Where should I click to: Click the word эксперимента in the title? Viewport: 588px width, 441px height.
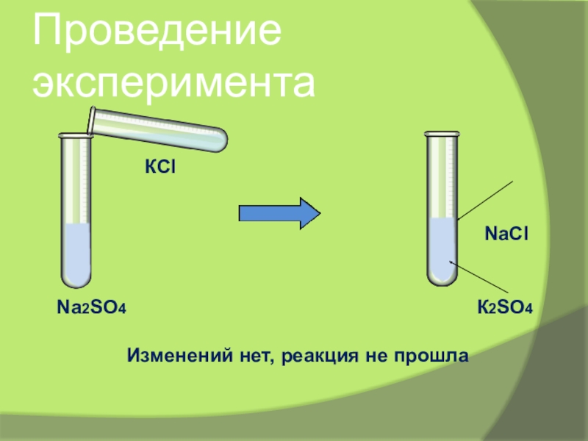pyautogui.click(x=173, y=82)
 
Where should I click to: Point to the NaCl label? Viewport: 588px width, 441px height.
pyautogui.click(x=507, y=233)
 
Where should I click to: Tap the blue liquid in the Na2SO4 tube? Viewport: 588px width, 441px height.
pyautogui.click(x=75, y=254)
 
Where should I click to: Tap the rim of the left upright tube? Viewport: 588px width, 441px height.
pyautogui.click(x=73, y=135)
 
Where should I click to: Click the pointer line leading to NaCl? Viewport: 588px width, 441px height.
pyautogui.click(x=485, y=199)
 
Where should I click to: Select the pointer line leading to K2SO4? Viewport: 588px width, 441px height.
pyautogui.click(x=481, y=279)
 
